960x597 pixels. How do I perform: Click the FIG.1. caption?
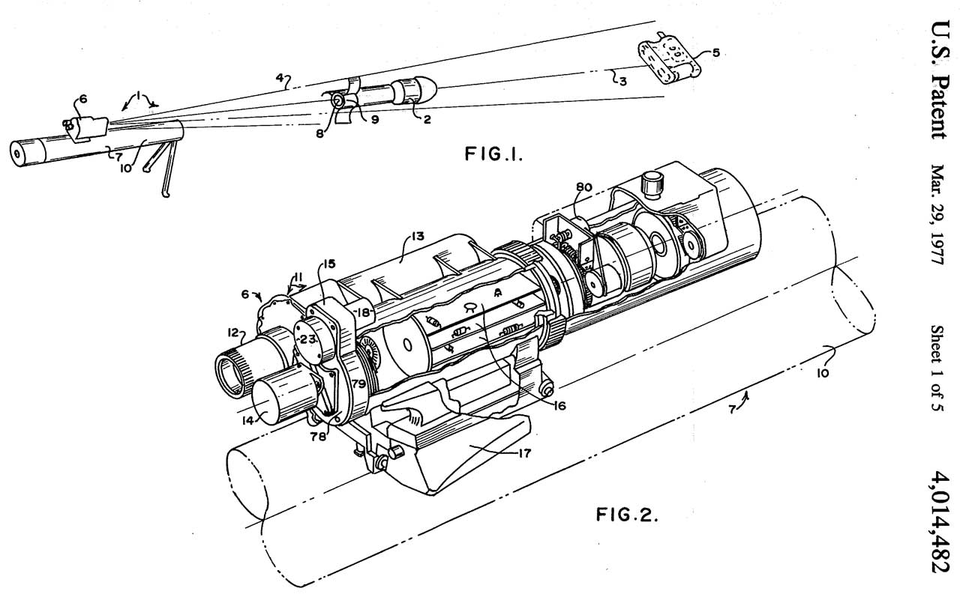[493, 154]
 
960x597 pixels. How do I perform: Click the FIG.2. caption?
[626, 514]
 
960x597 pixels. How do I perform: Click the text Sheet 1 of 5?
[937, 368]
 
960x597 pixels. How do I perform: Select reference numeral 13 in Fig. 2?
[418, 237]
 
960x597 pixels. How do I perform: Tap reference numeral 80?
[583, 187]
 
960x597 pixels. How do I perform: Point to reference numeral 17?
[524, 452]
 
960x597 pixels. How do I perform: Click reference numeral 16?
[559, 405]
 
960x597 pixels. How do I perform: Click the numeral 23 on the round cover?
[307, 340]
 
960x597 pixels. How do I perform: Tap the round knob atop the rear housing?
[650, 185]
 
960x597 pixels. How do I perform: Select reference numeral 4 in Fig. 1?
[280, 78]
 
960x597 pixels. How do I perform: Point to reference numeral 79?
[358, 384]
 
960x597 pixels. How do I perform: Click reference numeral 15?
[329, 264]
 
